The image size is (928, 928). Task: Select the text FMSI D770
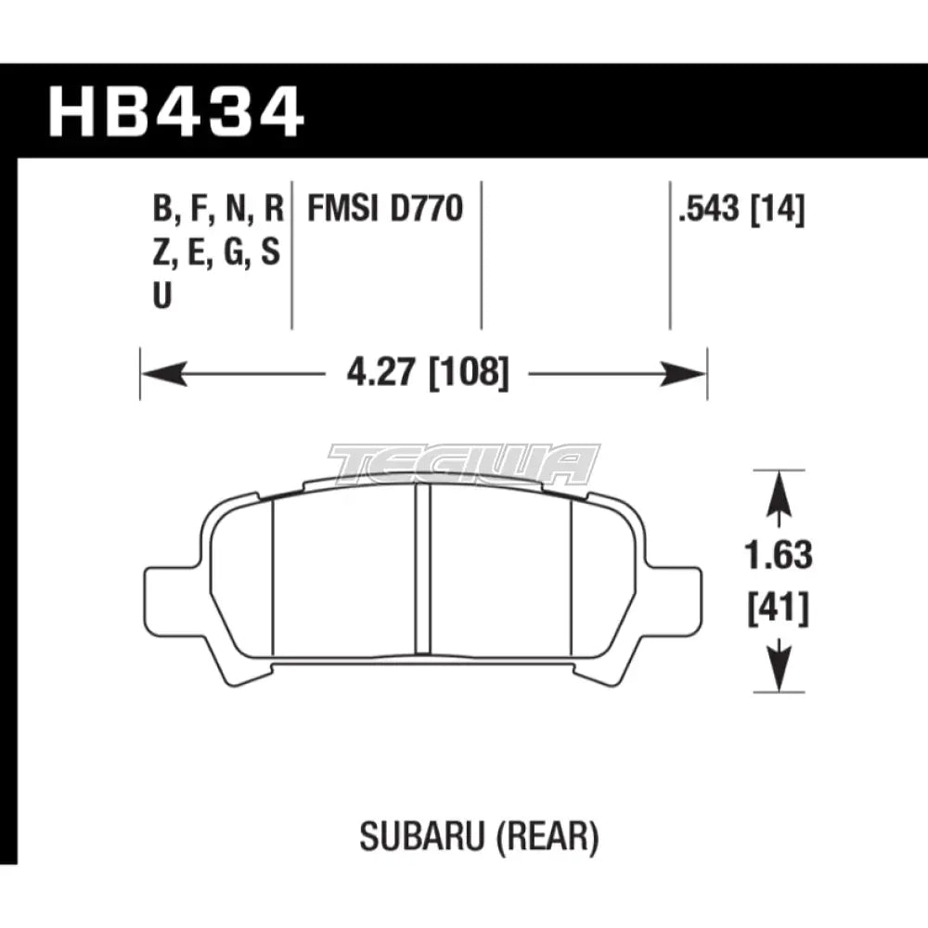coord(385,211)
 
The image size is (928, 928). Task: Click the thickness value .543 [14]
coord(741,211)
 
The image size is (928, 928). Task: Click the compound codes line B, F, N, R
coord(217,211)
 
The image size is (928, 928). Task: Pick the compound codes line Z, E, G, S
coord(217,253)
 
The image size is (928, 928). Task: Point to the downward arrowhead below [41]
coord(778,674)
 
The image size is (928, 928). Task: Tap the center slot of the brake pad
coord(422,571)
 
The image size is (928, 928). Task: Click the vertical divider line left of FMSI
coord(292,251)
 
